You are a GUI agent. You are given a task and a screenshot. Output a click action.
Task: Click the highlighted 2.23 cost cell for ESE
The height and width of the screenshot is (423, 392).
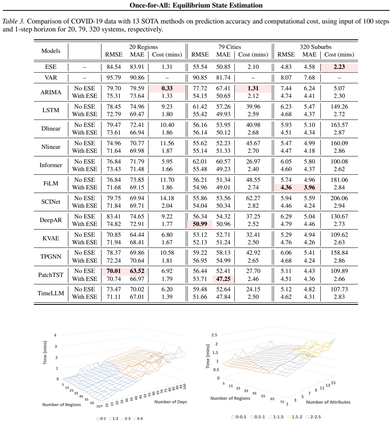(339, 67)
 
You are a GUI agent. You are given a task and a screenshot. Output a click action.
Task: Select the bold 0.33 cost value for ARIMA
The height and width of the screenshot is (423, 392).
(167, 88)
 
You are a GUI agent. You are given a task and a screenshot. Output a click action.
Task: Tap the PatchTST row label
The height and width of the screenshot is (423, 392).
(51, 275)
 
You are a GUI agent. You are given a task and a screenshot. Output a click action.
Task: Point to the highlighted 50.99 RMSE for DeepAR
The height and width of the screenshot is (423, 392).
(200, 224)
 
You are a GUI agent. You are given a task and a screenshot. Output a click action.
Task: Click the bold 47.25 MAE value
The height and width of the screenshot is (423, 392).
(223, 279)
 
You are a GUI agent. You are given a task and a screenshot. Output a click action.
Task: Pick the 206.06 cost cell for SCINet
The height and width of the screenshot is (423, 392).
(339, 198)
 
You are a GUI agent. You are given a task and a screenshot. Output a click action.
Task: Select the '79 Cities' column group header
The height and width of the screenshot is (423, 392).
(230, 47)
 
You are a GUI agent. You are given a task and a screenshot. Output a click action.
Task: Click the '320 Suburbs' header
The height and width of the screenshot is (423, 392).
(316, 47)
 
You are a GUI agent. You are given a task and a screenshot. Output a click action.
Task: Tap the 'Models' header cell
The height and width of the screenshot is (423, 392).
(51, 51)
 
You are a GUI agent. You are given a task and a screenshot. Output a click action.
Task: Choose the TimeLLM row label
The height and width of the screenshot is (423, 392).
(51, 293)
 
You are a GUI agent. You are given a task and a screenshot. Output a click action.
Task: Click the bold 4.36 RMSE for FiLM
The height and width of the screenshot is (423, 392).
(286, 187)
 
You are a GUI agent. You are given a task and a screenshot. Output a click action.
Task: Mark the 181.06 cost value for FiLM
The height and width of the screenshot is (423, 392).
(339, 180)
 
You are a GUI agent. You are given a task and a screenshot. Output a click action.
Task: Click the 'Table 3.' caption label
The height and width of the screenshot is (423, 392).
(14, 21)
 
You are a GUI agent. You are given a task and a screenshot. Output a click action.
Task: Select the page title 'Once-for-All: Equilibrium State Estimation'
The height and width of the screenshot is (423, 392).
(196, 6)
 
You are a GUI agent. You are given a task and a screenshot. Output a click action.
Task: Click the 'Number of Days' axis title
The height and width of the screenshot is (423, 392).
(170, 402)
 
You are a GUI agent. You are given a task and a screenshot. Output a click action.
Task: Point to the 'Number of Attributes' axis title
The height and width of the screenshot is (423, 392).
(328, 402)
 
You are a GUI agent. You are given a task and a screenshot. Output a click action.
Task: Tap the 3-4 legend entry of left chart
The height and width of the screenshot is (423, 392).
(138, 419)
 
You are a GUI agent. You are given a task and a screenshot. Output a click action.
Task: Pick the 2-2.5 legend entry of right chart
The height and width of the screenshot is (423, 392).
(314, 417)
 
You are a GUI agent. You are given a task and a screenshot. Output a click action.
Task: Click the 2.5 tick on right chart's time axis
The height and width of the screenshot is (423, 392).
(214, 335)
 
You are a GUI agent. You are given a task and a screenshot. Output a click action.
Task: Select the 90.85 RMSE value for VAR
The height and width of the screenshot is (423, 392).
(200, 78)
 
